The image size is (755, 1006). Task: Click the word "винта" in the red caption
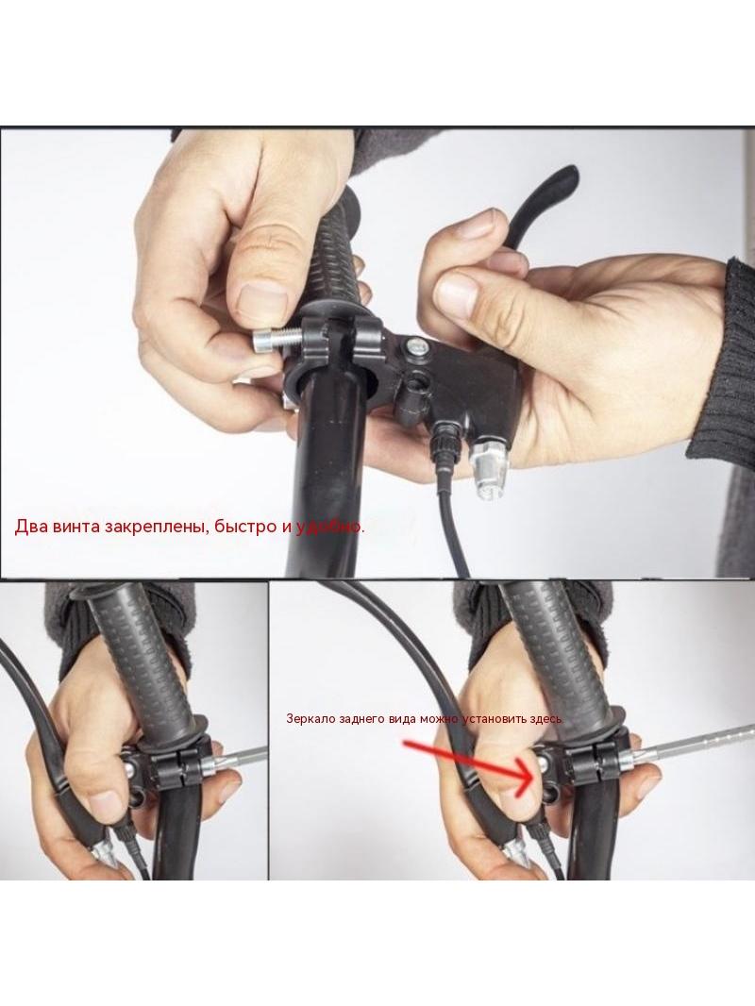[75, 527]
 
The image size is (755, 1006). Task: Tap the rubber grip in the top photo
[337, 250]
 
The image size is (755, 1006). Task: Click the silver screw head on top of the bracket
[415, 347]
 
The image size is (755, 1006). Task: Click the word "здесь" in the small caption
[547, 718]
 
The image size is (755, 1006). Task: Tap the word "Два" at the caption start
[29, 527]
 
